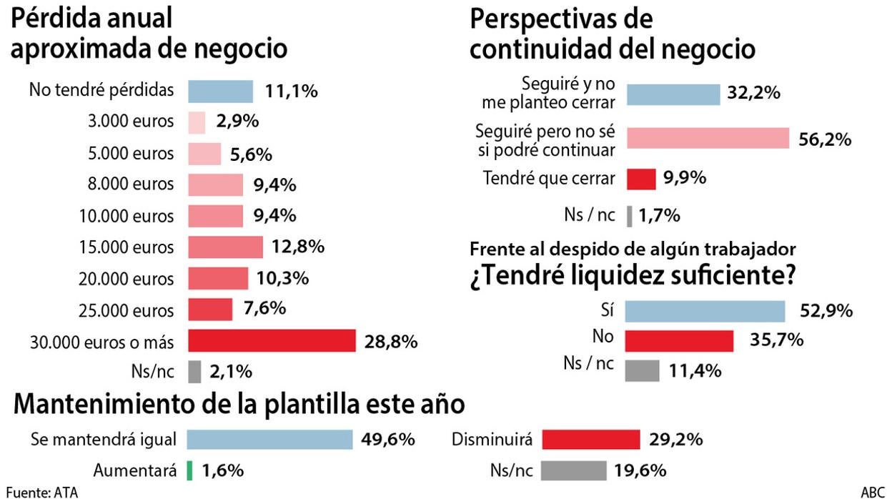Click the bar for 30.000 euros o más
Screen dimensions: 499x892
pos(272,340)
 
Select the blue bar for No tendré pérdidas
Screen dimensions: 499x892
pos(220,91)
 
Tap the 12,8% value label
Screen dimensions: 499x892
pos(298,247)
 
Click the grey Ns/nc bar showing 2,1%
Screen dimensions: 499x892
pos(194,371)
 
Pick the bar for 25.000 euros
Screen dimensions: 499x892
pos(210,309)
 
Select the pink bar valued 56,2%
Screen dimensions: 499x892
pos(708,139)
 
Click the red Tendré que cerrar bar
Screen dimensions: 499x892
pos(641,178)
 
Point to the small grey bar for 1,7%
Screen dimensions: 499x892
pos(629,215)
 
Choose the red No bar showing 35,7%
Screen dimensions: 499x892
pos(680,340)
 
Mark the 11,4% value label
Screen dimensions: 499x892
pos(694,371)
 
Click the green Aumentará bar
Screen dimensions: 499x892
pos(190,470)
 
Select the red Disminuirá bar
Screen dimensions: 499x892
pos(590,439)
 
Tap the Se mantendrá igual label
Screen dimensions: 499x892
pos(104,439)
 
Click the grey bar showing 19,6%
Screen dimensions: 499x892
pos(573,470)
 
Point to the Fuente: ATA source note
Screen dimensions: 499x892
pos(41,492)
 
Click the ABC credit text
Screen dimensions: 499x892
pos(872,492)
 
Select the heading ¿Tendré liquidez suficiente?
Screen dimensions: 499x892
pos(633,275)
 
